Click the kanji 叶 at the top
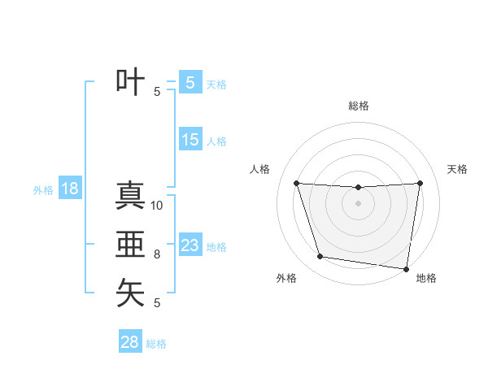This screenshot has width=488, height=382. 130,82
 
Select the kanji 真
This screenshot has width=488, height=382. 130,196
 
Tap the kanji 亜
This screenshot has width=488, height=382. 130,245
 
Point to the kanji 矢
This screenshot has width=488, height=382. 130,293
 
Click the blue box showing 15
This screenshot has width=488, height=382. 190,140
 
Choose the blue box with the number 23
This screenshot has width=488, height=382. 190,245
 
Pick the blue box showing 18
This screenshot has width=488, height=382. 69,189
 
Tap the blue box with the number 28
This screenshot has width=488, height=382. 129,342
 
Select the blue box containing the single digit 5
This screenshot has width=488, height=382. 190,82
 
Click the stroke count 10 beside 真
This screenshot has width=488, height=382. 157,206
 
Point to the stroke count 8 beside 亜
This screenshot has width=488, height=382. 157,254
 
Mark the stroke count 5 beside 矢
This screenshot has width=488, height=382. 157,303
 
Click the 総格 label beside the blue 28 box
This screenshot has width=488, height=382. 156,344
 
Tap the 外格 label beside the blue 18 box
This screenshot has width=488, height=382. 43,190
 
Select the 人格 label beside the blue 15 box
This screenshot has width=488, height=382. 216,141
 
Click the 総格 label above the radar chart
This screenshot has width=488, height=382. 358,106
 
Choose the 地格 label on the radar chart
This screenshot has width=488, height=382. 426,278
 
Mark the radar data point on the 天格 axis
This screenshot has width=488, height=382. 420,183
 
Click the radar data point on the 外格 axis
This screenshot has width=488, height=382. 320,257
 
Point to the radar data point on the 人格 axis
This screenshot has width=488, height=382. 296,183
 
